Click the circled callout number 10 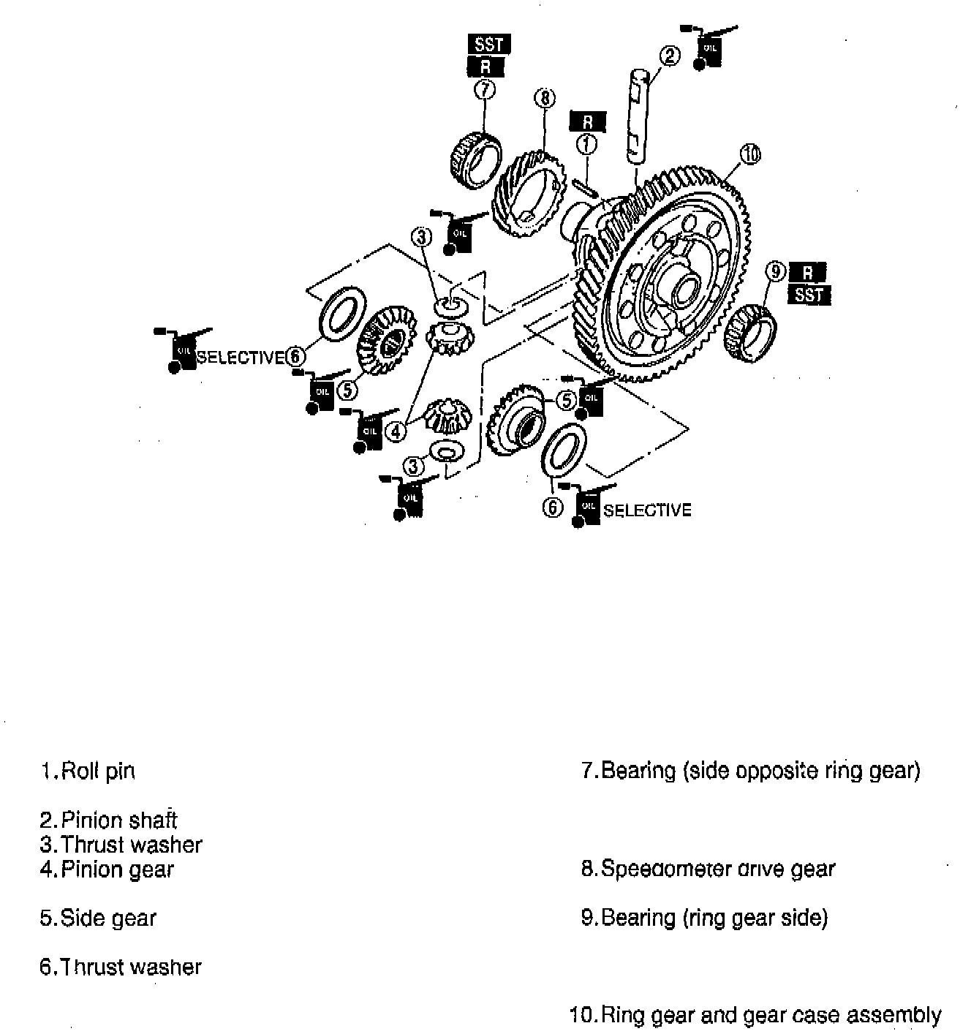pyautogui.click(x=750, y=154)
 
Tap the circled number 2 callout pyautogui.click(x=670, y=56)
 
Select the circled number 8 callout pyautogui.click(x=545, y=97)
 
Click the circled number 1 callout pyautogui.click(x=586, y=145)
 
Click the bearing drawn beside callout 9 pyautogui.click(x=749, y=334)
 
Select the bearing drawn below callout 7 pyautogui.click(x=475, y=160)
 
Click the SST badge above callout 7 pyautogui.click(x=488, y=44)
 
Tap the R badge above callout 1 pyautogui.click(x=588, y=122)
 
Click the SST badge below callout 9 pyautogui.click(x=809, y=295)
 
